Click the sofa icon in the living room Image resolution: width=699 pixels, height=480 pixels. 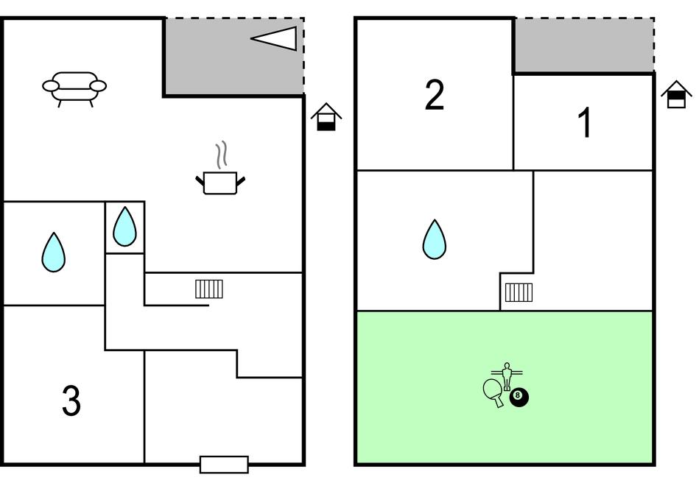[x=74, y=89]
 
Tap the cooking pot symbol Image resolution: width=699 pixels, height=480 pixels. [x=220, y=183]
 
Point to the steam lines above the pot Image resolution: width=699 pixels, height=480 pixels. [x=222, y=155]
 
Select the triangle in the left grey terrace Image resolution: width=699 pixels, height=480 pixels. [x=274, y=38]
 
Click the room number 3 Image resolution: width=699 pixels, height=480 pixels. [x=71, y=400]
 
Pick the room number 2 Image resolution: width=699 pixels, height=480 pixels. [x=434, y=94]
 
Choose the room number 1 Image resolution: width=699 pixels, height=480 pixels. [x=585, y=122]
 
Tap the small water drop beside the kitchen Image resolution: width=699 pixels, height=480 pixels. [x=124, y=227]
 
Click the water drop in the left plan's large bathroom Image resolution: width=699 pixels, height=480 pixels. [x=54, y=253]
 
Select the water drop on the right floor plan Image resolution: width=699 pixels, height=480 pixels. [x=434, y=239]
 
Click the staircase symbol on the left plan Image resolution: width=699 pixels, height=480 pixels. [x=209, y=289]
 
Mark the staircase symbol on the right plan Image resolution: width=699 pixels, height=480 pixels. [x=519, y=292]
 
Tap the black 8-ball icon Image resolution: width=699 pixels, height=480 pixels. [x=519, y=397]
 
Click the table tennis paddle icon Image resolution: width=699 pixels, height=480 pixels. [x=493, y=392]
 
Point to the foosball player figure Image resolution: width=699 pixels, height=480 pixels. [x=507, y=376]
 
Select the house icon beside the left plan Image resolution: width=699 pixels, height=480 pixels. [x=326, y=117]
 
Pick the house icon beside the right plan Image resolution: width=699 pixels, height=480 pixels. [x=676, y=94]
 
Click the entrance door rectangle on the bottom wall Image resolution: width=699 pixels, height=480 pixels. [x=224, y=465]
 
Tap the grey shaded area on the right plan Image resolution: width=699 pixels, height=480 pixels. [x=584, y=45]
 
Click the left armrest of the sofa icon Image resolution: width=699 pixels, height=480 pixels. [x=51, y=85]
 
